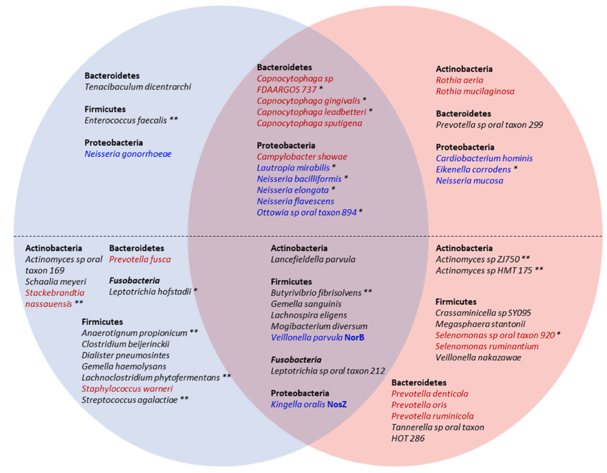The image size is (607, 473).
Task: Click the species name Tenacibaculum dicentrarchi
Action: [x=138, y=87]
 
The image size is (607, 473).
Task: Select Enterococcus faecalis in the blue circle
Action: [x=126, y=121]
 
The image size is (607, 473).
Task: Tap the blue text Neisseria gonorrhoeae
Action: [x=128, y=154]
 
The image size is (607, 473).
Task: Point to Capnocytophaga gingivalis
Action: [x=308, y=101]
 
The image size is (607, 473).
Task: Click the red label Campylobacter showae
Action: [x=302, y=156]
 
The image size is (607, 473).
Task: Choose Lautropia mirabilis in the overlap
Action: [x=293, y=168]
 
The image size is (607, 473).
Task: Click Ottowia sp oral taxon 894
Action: [x=307, y=212]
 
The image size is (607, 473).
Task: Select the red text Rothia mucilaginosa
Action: [x=476, y=91]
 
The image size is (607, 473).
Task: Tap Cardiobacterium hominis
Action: [x=484, y=158]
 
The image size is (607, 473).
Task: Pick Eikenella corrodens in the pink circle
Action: [x=473, y=169]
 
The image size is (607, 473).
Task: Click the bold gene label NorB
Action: [x=354, y=337]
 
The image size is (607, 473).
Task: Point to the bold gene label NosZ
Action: [x=337, y=404]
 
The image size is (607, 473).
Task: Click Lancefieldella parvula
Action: [x=313, y=259]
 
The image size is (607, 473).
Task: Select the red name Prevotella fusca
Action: [x=140, y=259]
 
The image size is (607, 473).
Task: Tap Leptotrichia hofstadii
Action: [x=150, y=291]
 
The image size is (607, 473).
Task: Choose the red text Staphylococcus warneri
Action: [x=127, y=389]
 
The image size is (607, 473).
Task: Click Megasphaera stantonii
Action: [x=480, y=324]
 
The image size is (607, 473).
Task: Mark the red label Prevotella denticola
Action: [x=430, y=394]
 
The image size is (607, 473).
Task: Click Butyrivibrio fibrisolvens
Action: [x=316, y=293]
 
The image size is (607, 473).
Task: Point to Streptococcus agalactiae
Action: [x=130, y=400]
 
